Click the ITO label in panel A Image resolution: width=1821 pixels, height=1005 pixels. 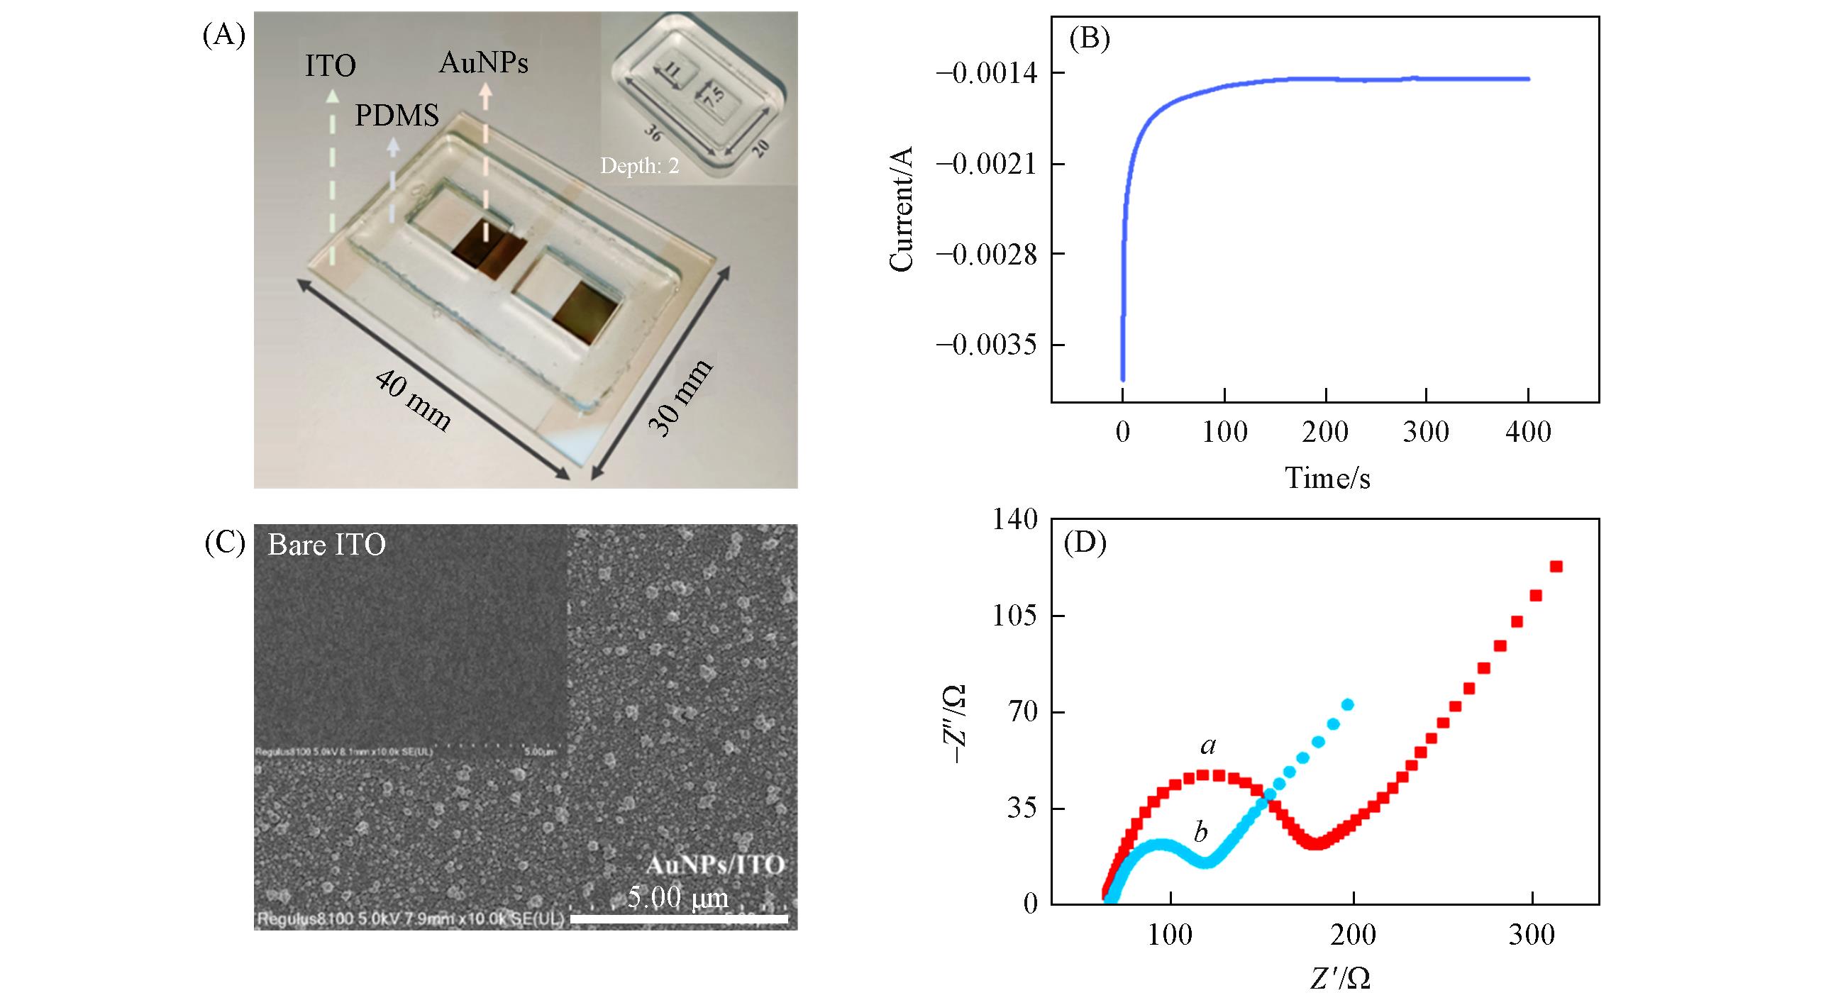330,66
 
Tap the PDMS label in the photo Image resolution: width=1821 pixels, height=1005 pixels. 397,116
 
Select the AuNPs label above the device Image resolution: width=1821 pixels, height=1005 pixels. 484,63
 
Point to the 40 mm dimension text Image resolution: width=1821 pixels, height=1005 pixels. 412,401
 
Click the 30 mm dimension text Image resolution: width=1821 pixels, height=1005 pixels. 680,398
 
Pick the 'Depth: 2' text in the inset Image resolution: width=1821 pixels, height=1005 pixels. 639,166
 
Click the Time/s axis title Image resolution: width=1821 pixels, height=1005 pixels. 1327,478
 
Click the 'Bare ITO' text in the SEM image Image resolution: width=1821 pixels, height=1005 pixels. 326,545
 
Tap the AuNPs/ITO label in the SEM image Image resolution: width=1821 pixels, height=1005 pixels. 715,865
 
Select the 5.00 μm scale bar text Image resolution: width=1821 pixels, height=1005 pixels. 677,898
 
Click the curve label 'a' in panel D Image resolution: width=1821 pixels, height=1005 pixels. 1208,745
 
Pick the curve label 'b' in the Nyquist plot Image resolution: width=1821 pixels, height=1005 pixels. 1200,831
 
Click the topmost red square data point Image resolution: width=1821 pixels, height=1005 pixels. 1556,567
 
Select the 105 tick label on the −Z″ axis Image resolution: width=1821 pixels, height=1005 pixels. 1016,616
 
